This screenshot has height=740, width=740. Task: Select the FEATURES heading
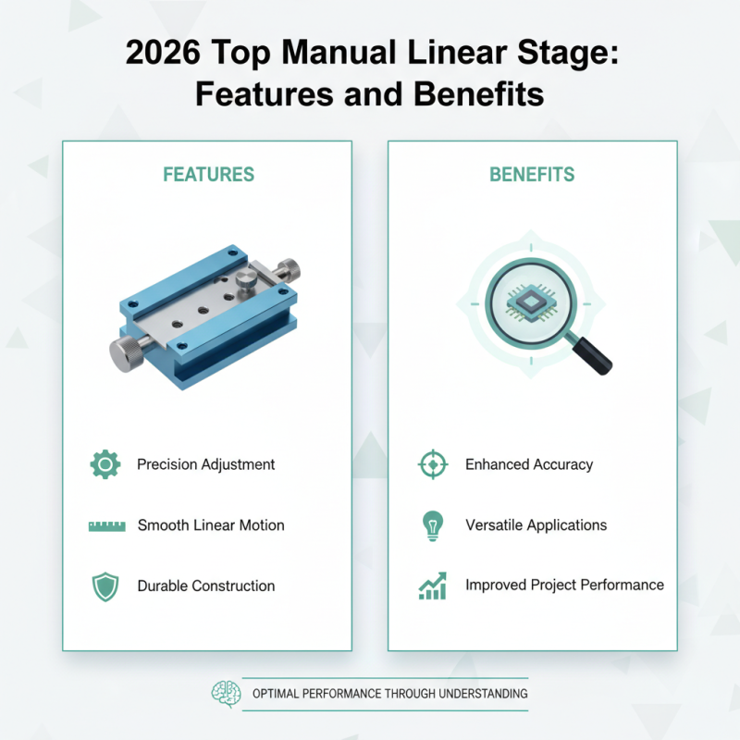coord(208,174)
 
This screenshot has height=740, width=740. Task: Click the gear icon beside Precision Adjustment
coord(105,464)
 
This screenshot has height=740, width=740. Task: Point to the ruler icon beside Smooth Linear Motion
coord(106,525)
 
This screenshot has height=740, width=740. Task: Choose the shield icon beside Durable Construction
coord(104,586)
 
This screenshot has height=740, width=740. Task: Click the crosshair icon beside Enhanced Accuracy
coord(432,464)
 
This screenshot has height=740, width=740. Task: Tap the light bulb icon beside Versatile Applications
coord(432,525)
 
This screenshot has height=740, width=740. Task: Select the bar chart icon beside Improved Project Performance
coord(432,586)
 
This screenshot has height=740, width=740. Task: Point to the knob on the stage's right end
coord(289,269)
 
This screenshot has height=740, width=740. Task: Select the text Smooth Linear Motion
coord(211,525)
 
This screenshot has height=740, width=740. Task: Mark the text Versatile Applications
coord(536,525)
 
